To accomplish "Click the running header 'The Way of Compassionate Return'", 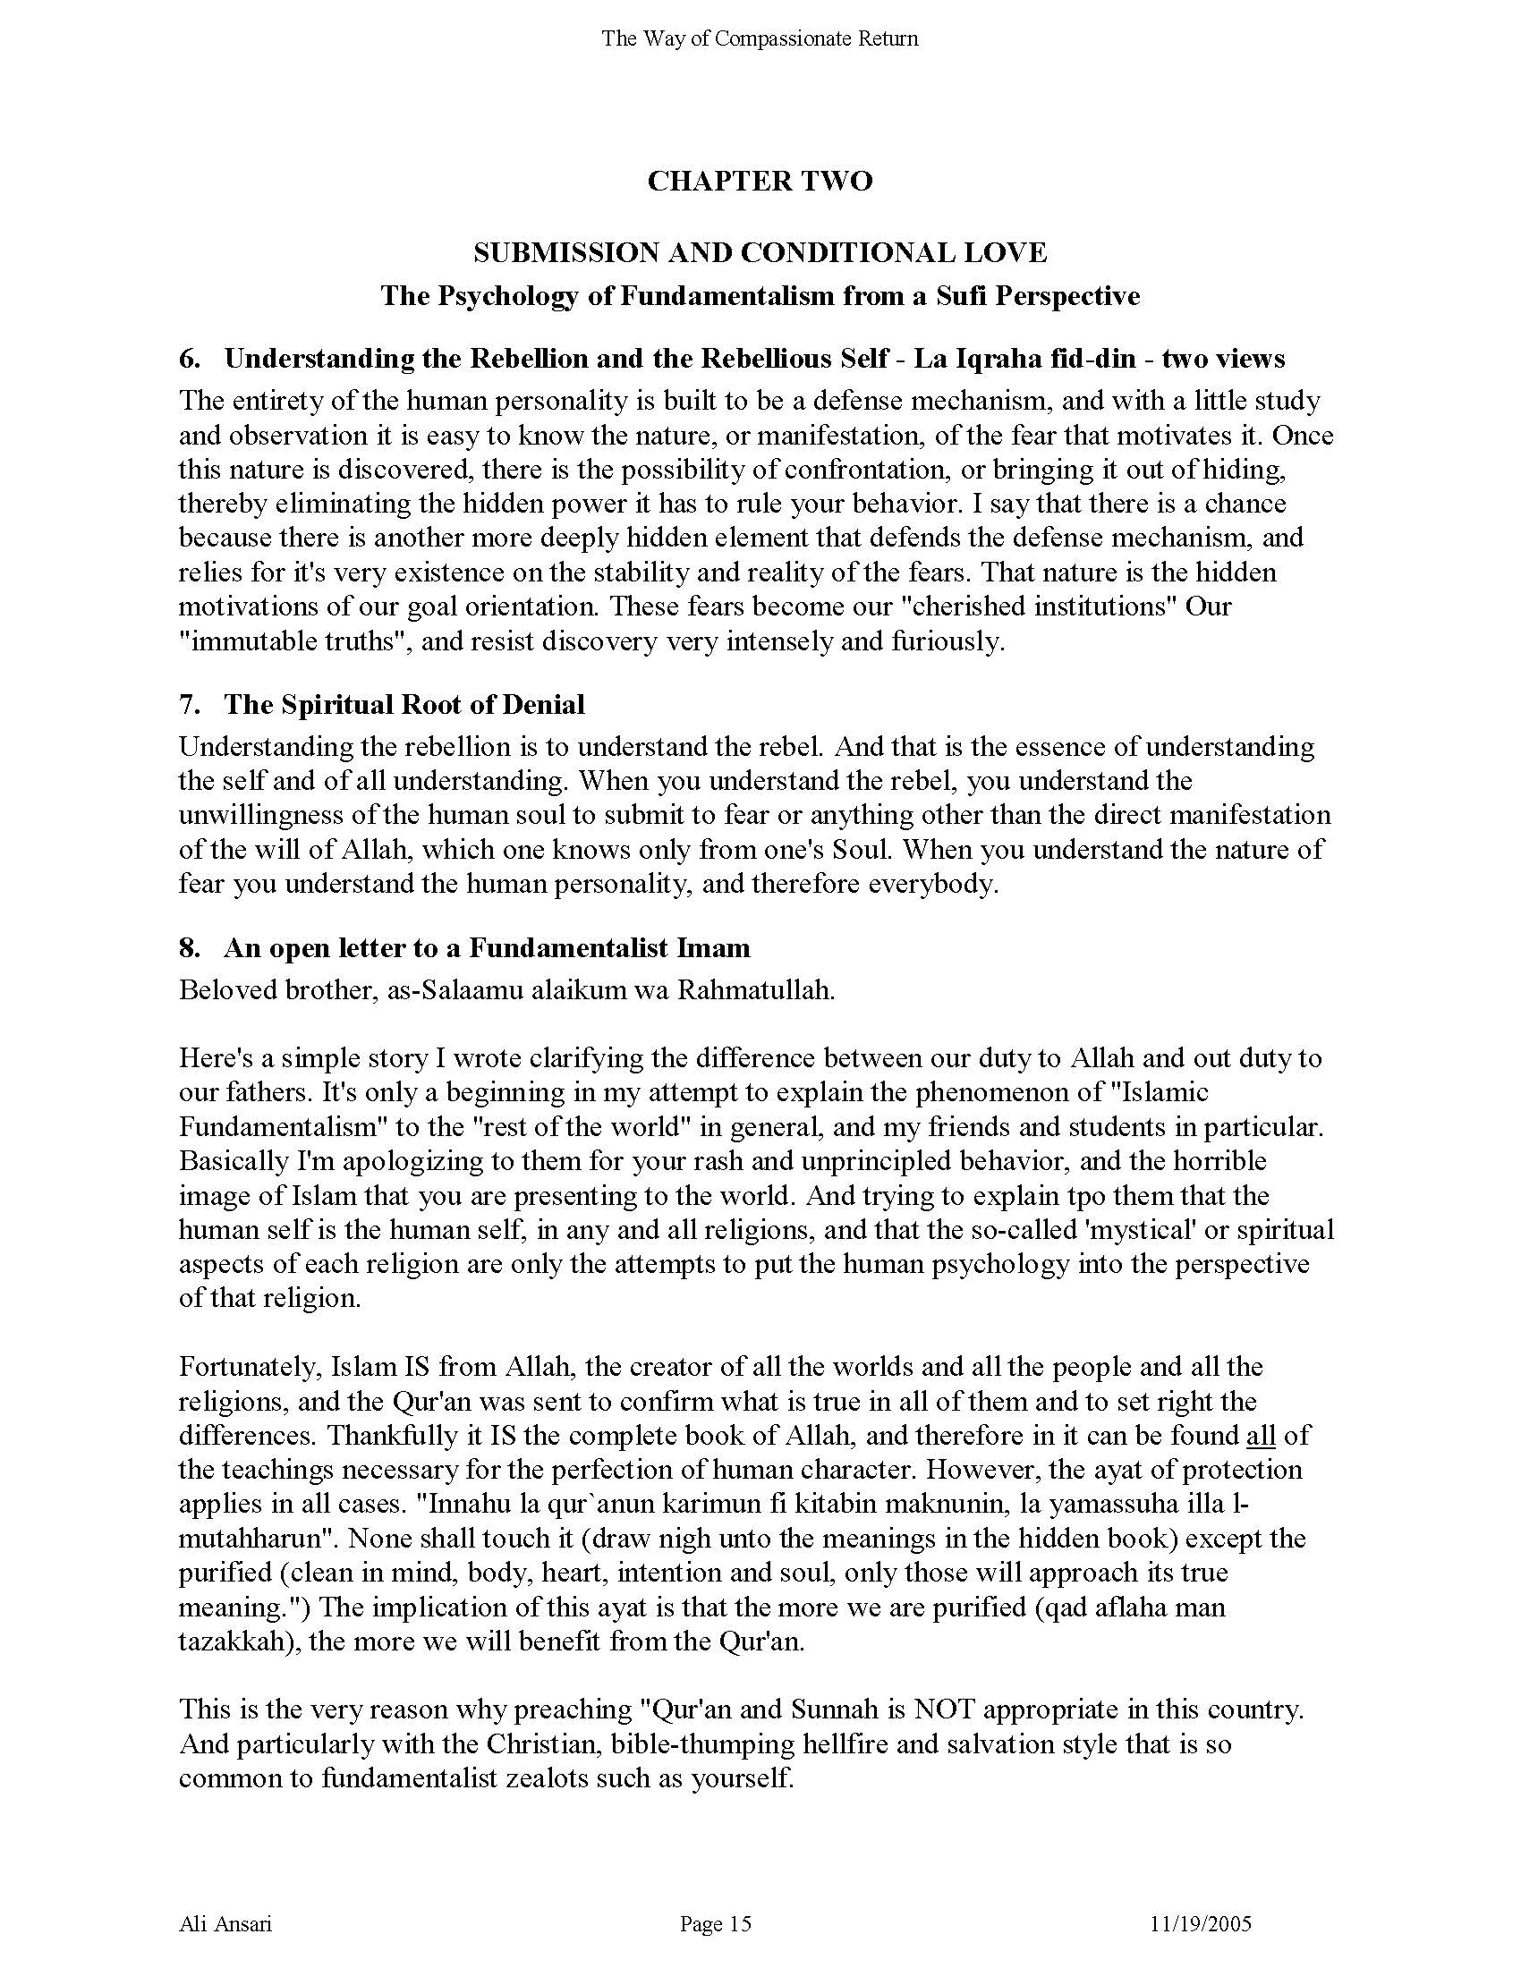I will (760, 38).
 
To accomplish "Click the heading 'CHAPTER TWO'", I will (760, 181).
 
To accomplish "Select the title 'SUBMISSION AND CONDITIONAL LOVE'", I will (760, 253).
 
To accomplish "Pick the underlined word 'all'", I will (1261, 1436).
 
